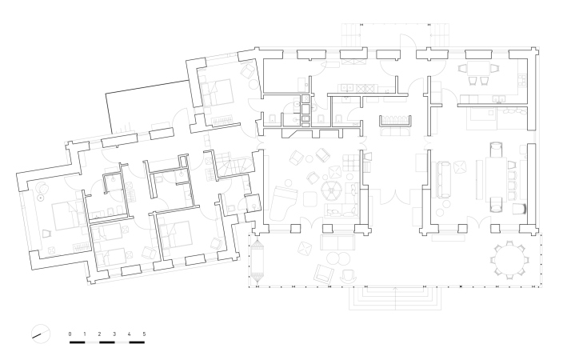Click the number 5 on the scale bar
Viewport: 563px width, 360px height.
click(x=144, y=334)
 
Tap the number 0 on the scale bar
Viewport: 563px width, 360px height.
click(x=70, y=334)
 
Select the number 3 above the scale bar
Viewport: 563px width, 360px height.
click(x=114, y=334)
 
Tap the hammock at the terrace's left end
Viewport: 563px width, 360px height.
click(x=257, y=262)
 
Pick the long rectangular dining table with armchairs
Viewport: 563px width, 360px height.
click(x=496, y=178)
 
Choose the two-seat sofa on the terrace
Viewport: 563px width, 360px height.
click(x=337, y=242)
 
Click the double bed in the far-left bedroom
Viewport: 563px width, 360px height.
click(x=68, y=216)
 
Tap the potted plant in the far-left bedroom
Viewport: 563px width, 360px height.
click(x=42, y=187)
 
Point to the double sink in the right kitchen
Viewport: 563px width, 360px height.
click(x=500, y=98)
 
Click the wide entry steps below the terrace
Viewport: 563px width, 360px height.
click(x=395, y=298)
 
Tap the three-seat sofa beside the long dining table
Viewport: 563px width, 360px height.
click(x=444, y=180)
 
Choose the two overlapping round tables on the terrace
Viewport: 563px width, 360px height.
click(x=337, y=258)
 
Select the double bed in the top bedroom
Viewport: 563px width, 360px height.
click(x=218, y=92)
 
